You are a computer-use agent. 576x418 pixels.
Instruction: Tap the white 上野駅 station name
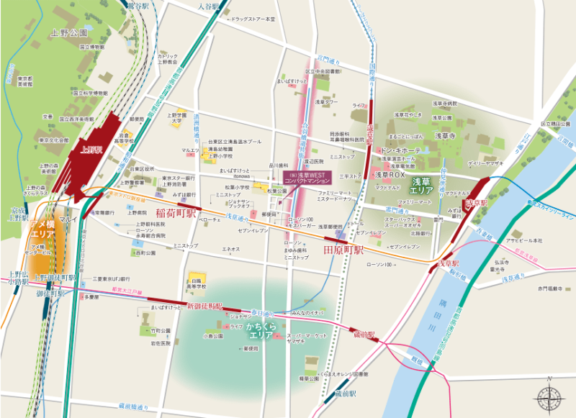(92, 150)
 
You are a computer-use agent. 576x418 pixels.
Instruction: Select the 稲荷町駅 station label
(176, 213)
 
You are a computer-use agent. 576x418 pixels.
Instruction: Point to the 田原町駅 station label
(343, 250)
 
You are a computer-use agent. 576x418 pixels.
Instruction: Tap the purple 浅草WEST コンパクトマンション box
(306, 176)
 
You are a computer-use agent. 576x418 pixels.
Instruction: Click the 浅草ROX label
(391, 174)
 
